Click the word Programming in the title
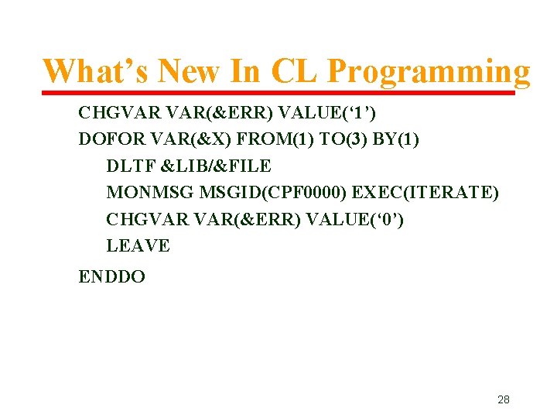429,72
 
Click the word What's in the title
94,72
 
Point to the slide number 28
503,399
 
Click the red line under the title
278,93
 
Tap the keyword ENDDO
111,276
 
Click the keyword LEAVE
138,246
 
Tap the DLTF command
127,166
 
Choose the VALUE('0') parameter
354,219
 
